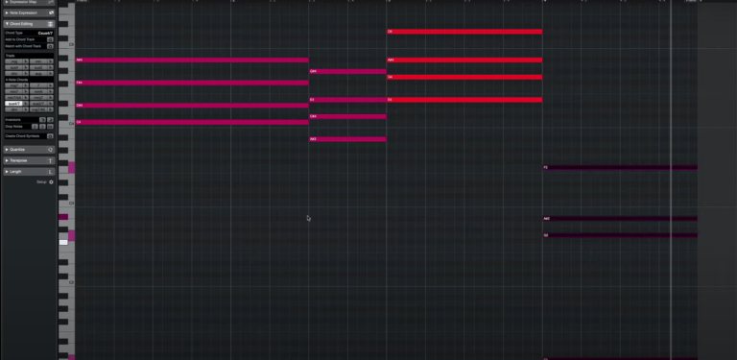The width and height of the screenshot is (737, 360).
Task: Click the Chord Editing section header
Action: [x=24, y=23]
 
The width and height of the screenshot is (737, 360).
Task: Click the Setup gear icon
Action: [x=52, y=181]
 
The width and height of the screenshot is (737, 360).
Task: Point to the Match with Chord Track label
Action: [x=23, y=45]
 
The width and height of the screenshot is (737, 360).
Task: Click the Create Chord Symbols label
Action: [x=25, y=135]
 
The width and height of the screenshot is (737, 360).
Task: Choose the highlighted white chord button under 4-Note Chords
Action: [x=14, y=103]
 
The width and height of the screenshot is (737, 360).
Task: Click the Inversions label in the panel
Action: [x=13, y=119]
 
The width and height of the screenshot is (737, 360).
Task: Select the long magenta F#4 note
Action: [x=192, y=83]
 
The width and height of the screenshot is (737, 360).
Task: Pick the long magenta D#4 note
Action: [x=192, y=106]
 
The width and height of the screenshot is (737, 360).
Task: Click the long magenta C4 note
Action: [x=192, y=122]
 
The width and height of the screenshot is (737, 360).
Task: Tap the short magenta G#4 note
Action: [x=347, y=71]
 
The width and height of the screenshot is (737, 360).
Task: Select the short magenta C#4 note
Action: [x=347, y=116]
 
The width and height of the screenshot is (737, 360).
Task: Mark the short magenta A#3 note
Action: [x=347, y=139]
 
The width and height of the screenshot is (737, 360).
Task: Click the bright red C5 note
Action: [x=464, y=32]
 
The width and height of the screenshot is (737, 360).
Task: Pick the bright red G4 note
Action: [x=464, y=77]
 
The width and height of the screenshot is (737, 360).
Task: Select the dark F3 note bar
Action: [x=620, y=167]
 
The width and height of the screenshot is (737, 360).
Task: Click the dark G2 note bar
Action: [x=620, y=235]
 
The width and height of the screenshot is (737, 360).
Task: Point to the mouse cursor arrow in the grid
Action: [x=308, y=218]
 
